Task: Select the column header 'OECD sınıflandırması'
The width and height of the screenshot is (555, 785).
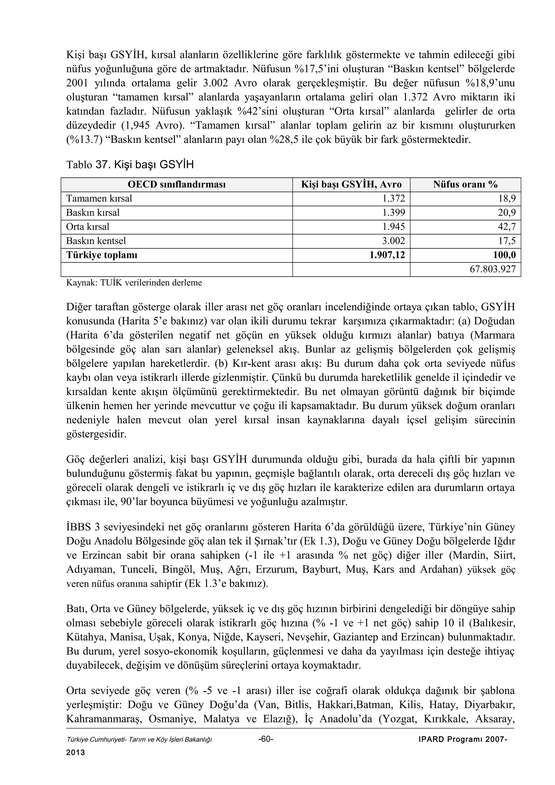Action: click(x=176, y=185)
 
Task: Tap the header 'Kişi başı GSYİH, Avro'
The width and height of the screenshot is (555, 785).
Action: click(x=351, y=185)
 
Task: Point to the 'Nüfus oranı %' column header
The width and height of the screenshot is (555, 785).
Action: click(x=465, y=185)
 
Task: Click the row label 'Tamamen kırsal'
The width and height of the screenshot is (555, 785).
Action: click(x=99, y=199)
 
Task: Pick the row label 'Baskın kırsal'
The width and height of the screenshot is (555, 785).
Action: click(x=93, y=213)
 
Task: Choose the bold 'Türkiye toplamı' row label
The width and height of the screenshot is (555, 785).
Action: click(x=102, y=255)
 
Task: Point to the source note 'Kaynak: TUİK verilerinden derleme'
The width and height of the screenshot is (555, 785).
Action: click(x=134, y=283)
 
